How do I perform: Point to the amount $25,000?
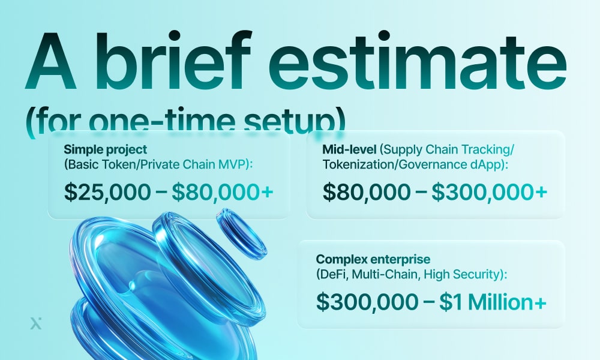(x=108, y=192)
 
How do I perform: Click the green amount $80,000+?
(x=223, y=192)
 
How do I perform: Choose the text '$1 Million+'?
(x=493, y=302)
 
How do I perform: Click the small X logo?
(x=35, y=323)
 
